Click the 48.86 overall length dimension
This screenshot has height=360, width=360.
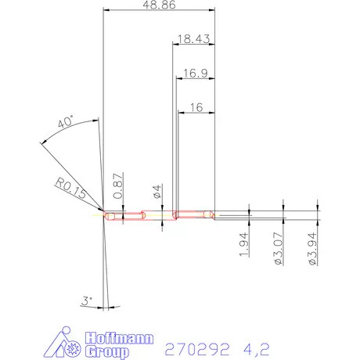point(159,5)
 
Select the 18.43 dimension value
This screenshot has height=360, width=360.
point(192,38)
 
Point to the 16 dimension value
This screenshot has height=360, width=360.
point(196,108)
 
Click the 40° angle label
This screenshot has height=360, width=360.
point(66,123)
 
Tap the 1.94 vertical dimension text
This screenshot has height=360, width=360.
point(244,246)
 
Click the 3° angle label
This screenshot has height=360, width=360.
point(88,301)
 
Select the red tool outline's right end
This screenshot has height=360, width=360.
point(214,215)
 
